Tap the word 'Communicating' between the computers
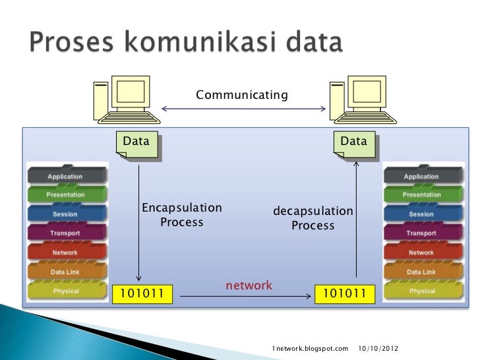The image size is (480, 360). point(242,96)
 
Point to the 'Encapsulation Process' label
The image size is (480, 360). point(182,215)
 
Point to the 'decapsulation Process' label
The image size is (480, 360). point(313,218)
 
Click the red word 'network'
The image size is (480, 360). point(249,285)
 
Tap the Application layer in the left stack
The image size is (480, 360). point(65,176)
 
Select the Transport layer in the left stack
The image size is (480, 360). point(65,233)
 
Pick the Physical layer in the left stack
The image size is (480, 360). point(65,291)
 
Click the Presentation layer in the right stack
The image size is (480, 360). point(421,195)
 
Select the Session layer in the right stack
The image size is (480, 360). point(421,214)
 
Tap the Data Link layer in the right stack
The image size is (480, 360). point(421,272)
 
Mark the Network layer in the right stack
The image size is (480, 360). point(421,253)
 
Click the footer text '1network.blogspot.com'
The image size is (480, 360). point(310,347)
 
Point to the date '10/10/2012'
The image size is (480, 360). point(378,347)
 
